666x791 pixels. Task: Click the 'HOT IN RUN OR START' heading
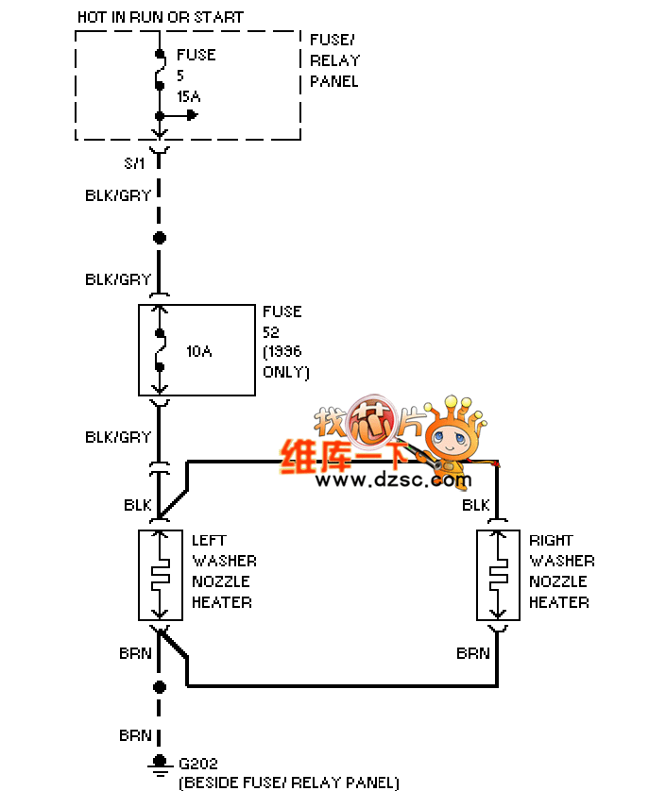(x=160, y=17)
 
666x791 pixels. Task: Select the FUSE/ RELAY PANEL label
(x=334, y=60)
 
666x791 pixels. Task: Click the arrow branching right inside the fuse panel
(x=190, y=115)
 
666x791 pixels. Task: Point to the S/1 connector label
(x=135, y=163)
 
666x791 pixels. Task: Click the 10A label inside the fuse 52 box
(x=198, y=351)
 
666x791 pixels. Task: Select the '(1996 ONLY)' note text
(x=285, y=362)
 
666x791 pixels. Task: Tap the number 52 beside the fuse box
(x=272, y=331)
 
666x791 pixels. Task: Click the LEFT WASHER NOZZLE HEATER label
(x=224, y=571)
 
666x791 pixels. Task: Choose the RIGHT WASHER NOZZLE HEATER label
(x=561, y=571)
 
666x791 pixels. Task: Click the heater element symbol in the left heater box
(x=162, y=575)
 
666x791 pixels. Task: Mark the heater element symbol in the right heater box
(x=498, y=575)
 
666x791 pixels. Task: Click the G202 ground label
(x=198, y=763)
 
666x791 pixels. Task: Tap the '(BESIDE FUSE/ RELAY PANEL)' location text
(x=288, y=783)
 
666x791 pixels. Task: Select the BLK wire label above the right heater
(x=476, y=506)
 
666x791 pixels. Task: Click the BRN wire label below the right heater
(x=473, y=653)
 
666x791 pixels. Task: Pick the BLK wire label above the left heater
(x=138, y=506)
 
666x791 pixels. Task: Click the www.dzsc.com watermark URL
(x=393, y=480)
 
